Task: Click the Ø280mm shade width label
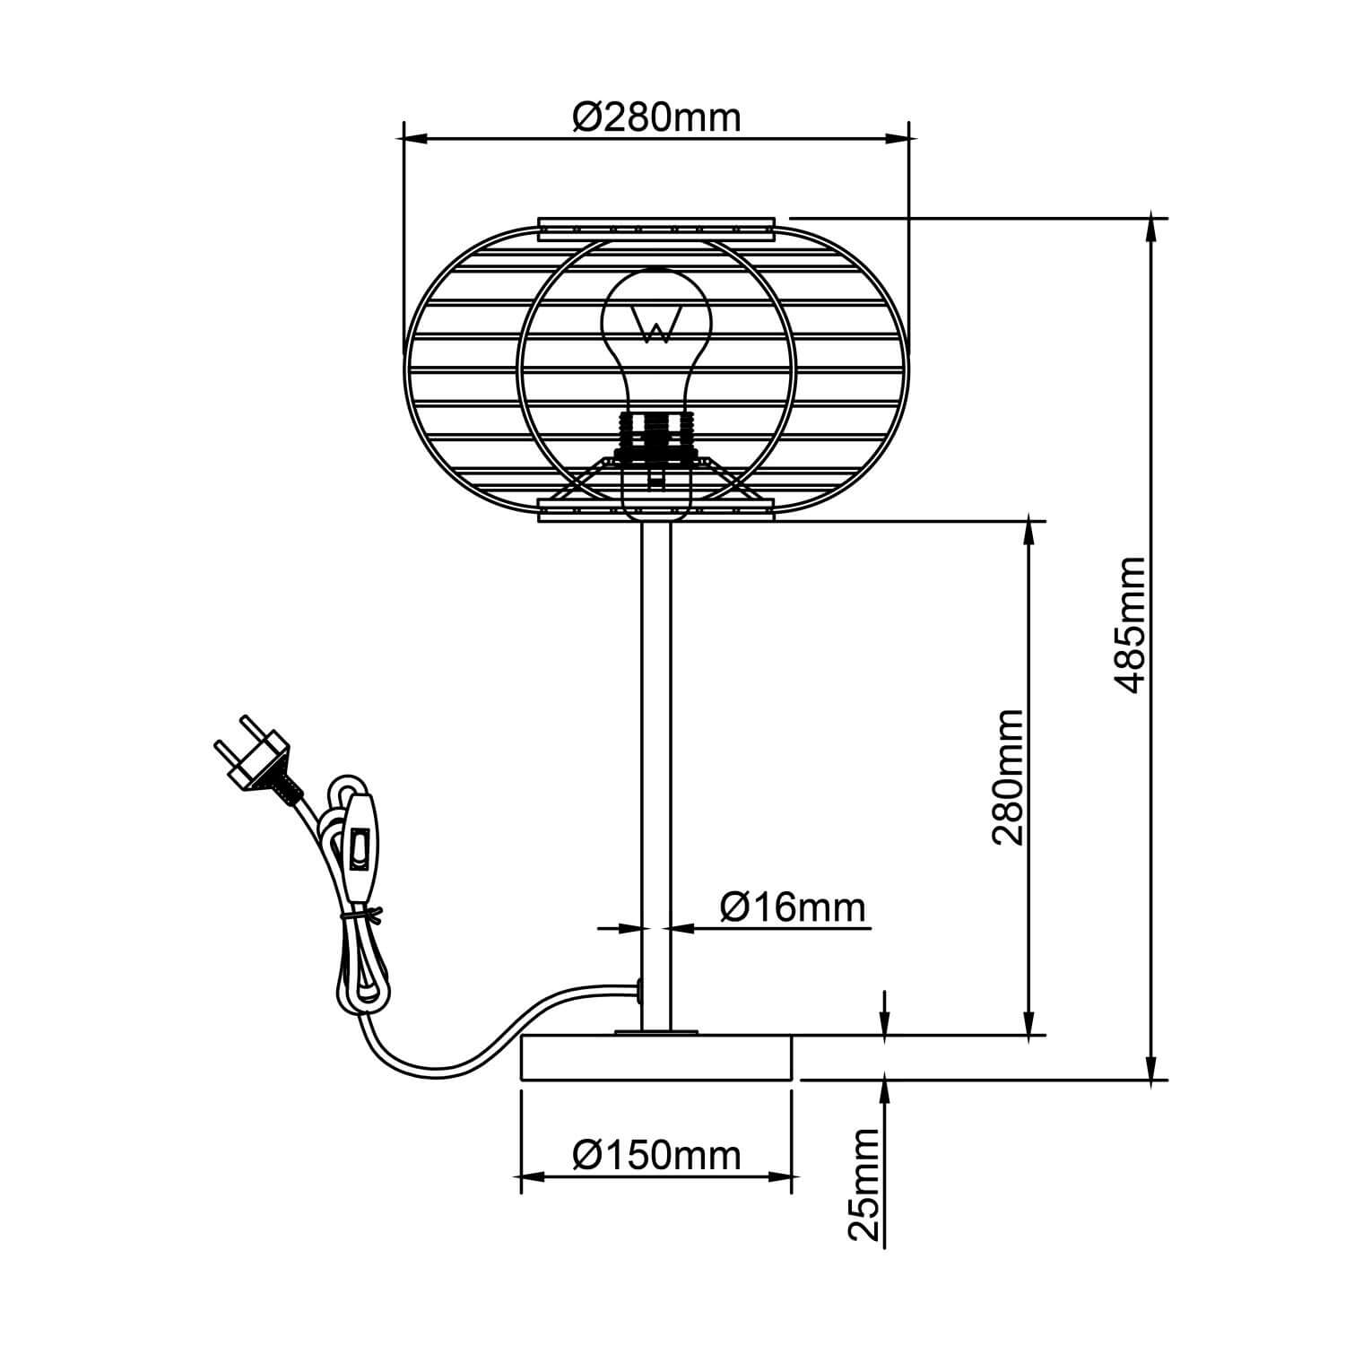656,117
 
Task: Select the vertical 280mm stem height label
1008,777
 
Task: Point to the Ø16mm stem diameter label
794,907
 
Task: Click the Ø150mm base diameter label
656,1155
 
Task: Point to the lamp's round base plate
656,1058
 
